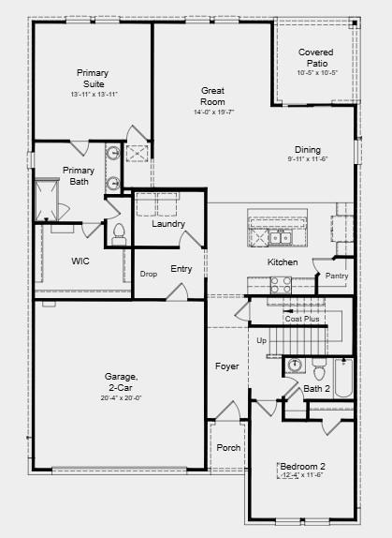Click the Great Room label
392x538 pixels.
[x=212, y=96]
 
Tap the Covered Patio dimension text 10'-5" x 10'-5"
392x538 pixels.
[x=317, y=73]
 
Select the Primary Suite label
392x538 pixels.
[x=93, y=78]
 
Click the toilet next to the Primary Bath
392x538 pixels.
[x=119, y=234]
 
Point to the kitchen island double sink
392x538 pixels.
[x=281, y=238]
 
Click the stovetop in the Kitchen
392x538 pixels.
[x=281, y=285]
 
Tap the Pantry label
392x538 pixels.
[x=337, y=276]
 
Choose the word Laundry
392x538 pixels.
[x=168, y=224]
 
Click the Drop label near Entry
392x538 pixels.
[x=149, y=274]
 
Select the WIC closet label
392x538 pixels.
[x=80, y=262]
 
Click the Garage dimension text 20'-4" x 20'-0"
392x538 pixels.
[x=122, y=398]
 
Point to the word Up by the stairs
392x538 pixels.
[x=262, y=341]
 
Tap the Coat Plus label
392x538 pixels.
[x=302, y=319]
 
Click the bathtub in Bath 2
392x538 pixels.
[x=343, y=378]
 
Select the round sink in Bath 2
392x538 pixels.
[x=294, y=365]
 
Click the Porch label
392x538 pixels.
[x=228, y=448]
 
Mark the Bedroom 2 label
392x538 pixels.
[x=302, y=466]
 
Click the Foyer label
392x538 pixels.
[x=227, y=366]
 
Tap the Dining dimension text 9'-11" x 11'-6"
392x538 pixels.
[x=308, y=159]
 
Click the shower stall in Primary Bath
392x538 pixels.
[x=47, y=200]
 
